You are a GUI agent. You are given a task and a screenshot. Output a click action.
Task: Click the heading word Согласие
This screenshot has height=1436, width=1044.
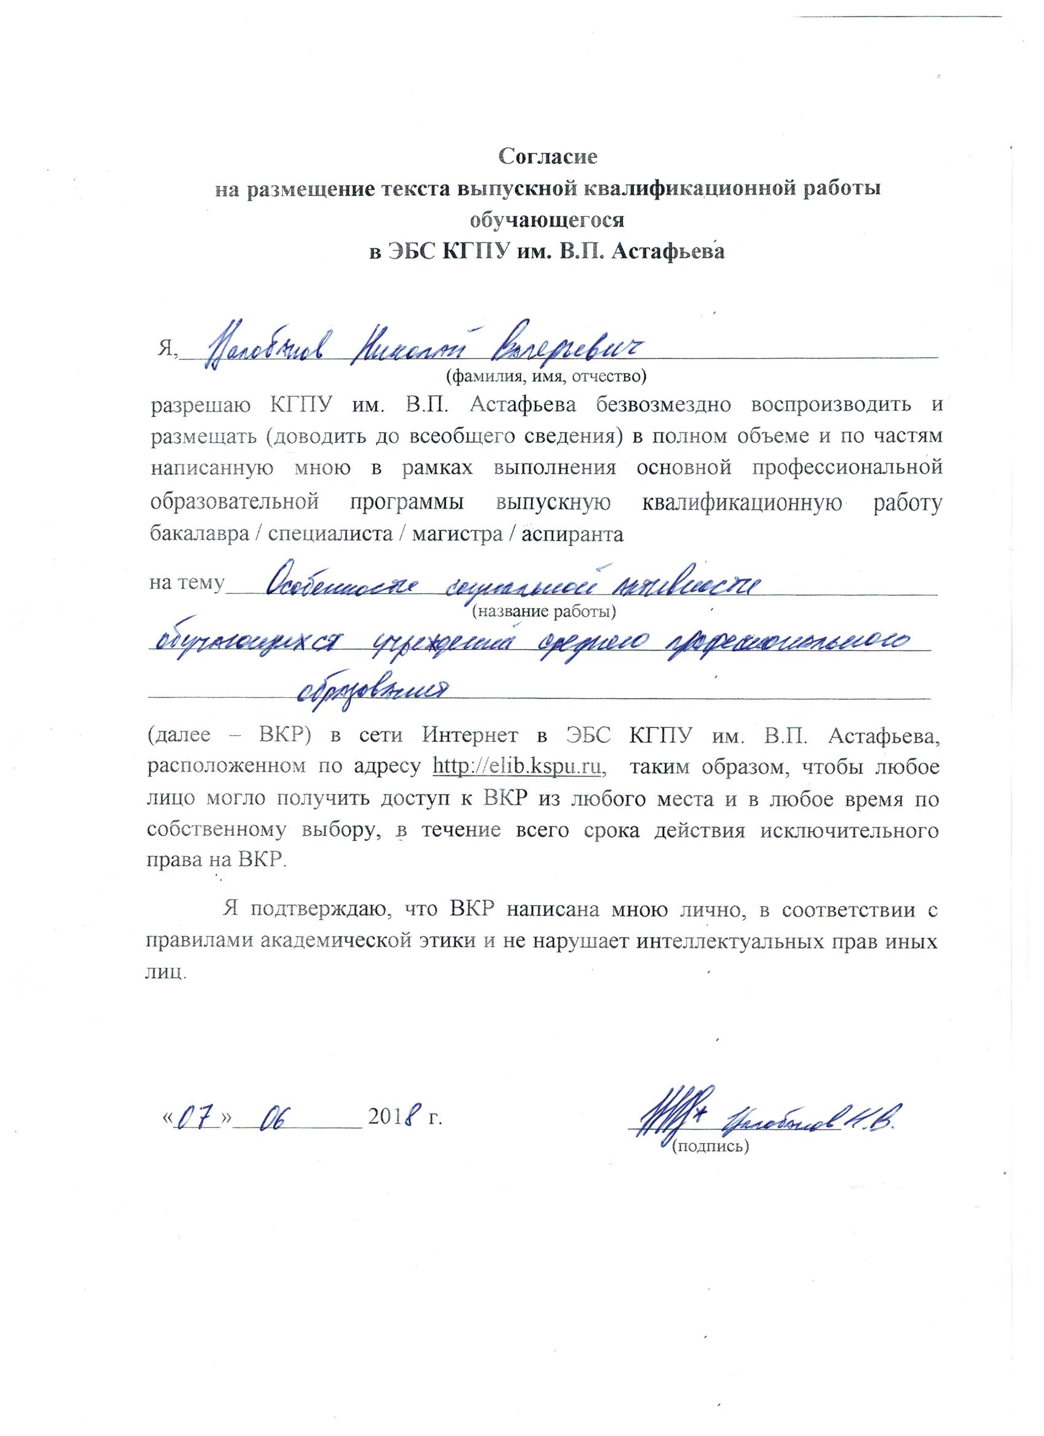tap(548, 157)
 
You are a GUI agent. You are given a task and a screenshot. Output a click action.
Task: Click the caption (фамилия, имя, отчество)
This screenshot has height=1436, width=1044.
tap(545, 377)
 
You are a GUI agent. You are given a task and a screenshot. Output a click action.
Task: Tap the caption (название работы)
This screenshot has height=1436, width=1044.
tap(544, 612)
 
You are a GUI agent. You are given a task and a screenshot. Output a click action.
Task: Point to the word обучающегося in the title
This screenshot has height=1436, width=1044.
tap(547, 220)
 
